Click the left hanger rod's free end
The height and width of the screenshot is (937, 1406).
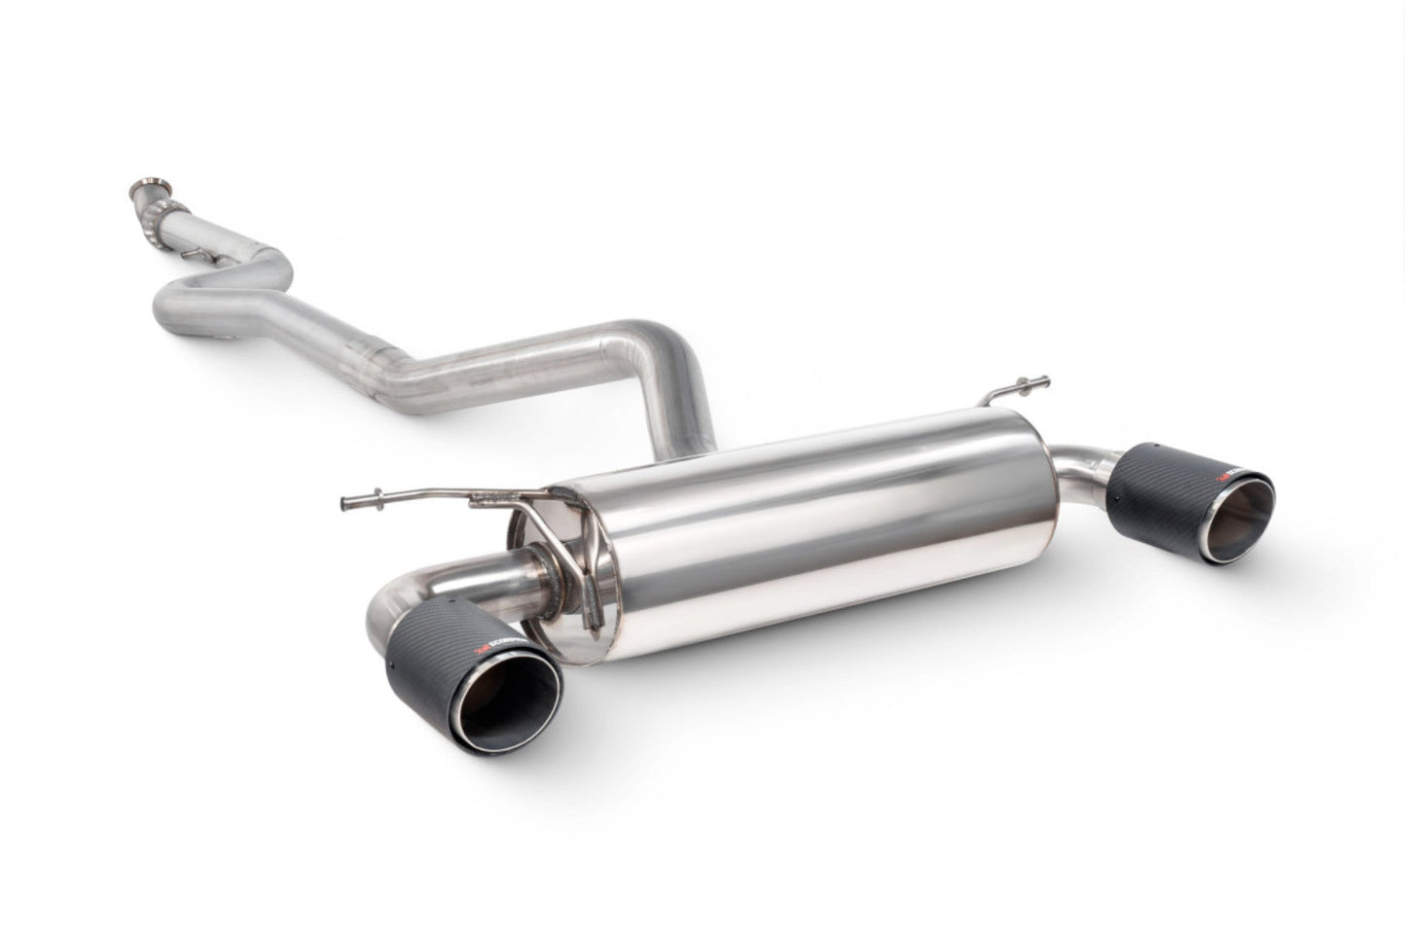347,502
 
